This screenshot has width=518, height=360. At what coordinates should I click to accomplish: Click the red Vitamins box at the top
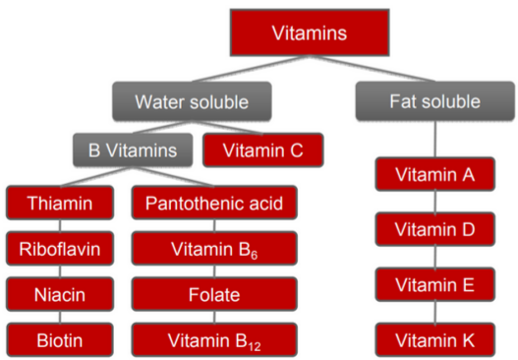click(309, 34)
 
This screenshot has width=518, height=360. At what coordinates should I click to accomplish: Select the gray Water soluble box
click(191, 101)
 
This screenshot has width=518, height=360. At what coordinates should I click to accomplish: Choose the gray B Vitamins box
click(134, 150)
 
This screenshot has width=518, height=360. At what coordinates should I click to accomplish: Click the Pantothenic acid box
click(214, 205)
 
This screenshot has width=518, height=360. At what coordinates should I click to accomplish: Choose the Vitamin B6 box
click(214, 248)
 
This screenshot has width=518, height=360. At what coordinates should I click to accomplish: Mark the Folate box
click(214, 293)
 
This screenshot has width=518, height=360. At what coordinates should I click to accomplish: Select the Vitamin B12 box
click(214, 339)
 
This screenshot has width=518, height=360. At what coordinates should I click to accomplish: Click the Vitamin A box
click(435, 175)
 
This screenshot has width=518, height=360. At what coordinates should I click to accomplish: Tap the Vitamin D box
click(435, 230)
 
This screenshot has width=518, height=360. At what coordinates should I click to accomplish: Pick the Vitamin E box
click(435, 285)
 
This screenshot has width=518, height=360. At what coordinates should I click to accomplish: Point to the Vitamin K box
click(435, 339)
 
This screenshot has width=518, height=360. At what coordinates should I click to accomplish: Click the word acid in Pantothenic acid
click(264, 205)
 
